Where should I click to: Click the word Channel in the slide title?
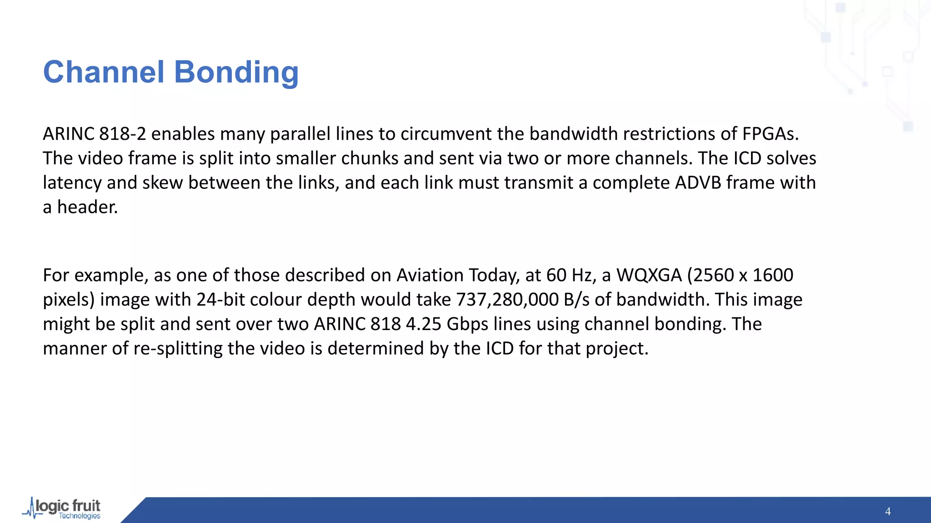tap(103, 72)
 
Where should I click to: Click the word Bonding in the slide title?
tap(236, 72)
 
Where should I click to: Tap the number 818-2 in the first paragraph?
tap(123, 134)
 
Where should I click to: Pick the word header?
tap(87, 207)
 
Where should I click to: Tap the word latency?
tap(72, 183)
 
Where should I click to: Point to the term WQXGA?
tap(649, 275)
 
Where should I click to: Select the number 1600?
tap(773, 275)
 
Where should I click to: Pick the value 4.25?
tap(423, 324)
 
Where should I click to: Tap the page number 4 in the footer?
tap(888, 512)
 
